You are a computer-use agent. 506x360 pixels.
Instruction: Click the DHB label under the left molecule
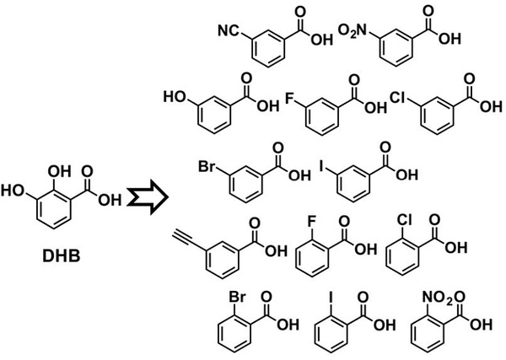pos(62,256)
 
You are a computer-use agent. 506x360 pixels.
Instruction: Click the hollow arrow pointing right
pos(148,197)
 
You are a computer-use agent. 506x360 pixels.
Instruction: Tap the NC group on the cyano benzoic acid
pos(229,31)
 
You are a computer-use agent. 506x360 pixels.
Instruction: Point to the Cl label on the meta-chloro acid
pos(398,98)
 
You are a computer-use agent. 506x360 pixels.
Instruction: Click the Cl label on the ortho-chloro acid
pos(404,220)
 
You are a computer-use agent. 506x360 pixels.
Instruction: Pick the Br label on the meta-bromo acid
pos(207,167)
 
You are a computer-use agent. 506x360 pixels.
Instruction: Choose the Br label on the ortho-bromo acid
pos(238,298)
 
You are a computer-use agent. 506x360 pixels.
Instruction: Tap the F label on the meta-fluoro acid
pos(290,99)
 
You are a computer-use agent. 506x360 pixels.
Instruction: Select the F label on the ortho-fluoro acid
pos(311,222)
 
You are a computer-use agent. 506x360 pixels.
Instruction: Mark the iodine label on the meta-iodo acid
pos(321,166)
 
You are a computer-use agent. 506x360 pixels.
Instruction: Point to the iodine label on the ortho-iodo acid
pos(331,298)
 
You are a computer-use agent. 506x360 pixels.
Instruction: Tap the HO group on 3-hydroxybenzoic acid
pos(175,97)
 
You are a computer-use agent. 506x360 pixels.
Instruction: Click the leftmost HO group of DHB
pos(13,191)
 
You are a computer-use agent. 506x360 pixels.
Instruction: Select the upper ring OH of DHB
pos(59,172)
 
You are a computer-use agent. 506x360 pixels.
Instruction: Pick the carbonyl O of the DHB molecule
pos(87,171)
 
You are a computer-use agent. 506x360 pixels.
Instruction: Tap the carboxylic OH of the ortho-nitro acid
pos(481,325)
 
